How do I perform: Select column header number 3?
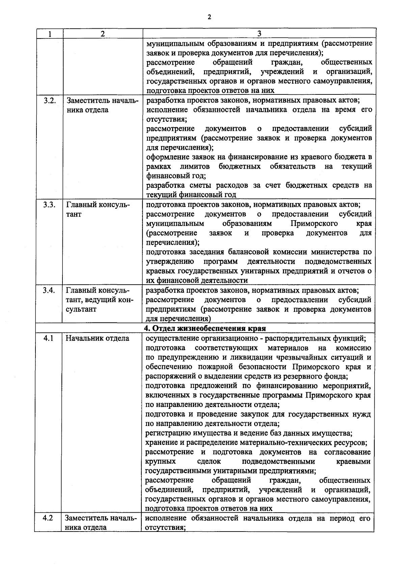point(259,34)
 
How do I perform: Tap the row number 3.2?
point(50,101)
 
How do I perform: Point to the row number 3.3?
point(50,205)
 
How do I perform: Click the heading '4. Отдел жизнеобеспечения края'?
point(205,329)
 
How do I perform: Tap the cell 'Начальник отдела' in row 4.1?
point(97,338)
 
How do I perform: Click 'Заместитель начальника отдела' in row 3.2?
point(102,105)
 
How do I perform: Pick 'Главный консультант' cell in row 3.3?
point(98,209)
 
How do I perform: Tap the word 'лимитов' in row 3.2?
point(195,167)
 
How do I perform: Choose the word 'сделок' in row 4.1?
point(209,461)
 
